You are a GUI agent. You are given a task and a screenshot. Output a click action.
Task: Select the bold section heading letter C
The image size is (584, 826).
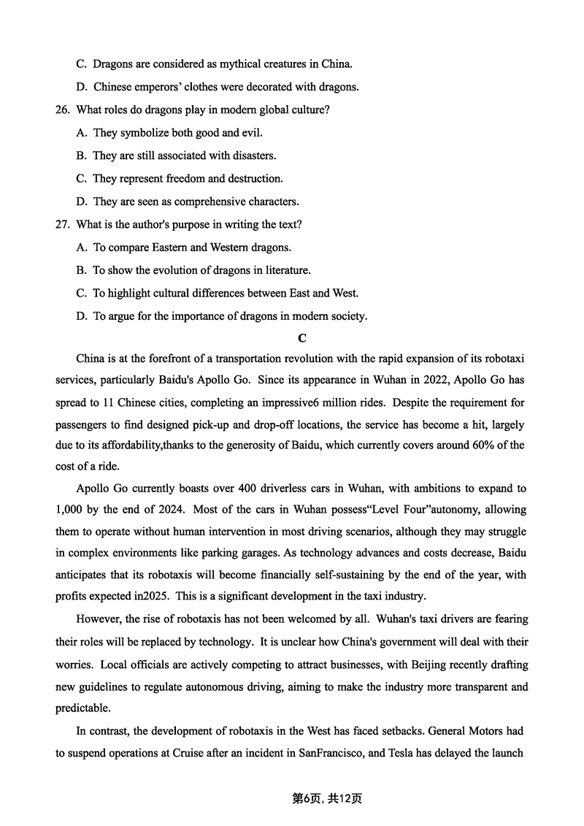[x=302, y=338]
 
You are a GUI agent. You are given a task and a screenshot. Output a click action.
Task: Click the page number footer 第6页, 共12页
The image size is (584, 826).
[x=327, y=798]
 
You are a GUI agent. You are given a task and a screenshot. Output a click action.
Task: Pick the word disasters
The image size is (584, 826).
[x=250, y=156]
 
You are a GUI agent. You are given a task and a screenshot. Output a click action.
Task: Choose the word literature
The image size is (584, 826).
[x=285, y=270]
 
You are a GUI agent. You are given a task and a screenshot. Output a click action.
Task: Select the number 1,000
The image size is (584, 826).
[x=72, y=510]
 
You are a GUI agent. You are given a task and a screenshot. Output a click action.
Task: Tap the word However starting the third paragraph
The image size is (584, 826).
[x=99, y=619]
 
